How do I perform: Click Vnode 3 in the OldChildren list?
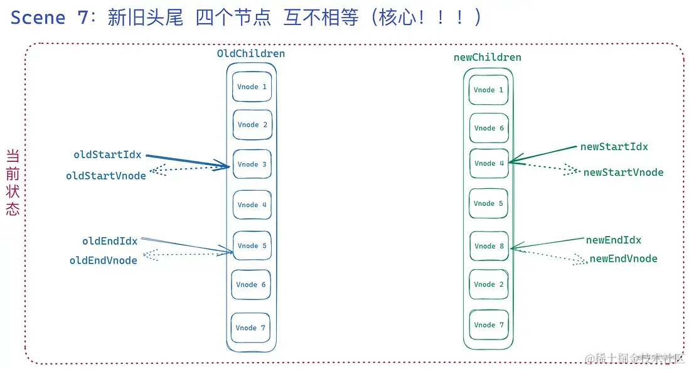pos(252,164)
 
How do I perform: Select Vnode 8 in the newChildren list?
pos(489,246)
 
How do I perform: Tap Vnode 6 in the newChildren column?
pos(489,128)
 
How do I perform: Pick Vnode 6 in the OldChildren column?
pos(251,284)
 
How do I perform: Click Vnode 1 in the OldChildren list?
pos(252,87)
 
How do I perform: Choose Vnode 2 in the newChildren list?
pos(489,284)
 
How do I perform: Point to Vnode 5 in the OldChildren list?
pos(252,245)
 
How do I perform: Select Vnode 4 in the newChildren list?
pos(489,163)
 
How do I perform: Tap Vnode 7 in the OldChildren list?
pos(250,328)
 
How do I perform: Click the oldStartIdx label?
pos(107,155)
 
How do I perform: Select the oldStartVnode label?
pos(105,176)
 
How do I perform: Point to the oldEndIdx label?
pos(109,241)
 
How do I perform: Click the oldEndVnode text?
pos(103,260)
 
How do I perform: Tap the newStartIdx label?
pos(614,147)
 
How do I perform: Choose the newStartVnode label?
pos(622,173)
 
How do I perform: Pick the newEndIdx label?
pos(613,240)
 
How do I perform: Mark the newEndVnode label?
pos(623,259)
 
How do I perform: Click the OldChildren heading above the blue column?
pos(250,54)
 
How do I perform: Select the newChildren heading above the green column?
pos(487,58)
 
